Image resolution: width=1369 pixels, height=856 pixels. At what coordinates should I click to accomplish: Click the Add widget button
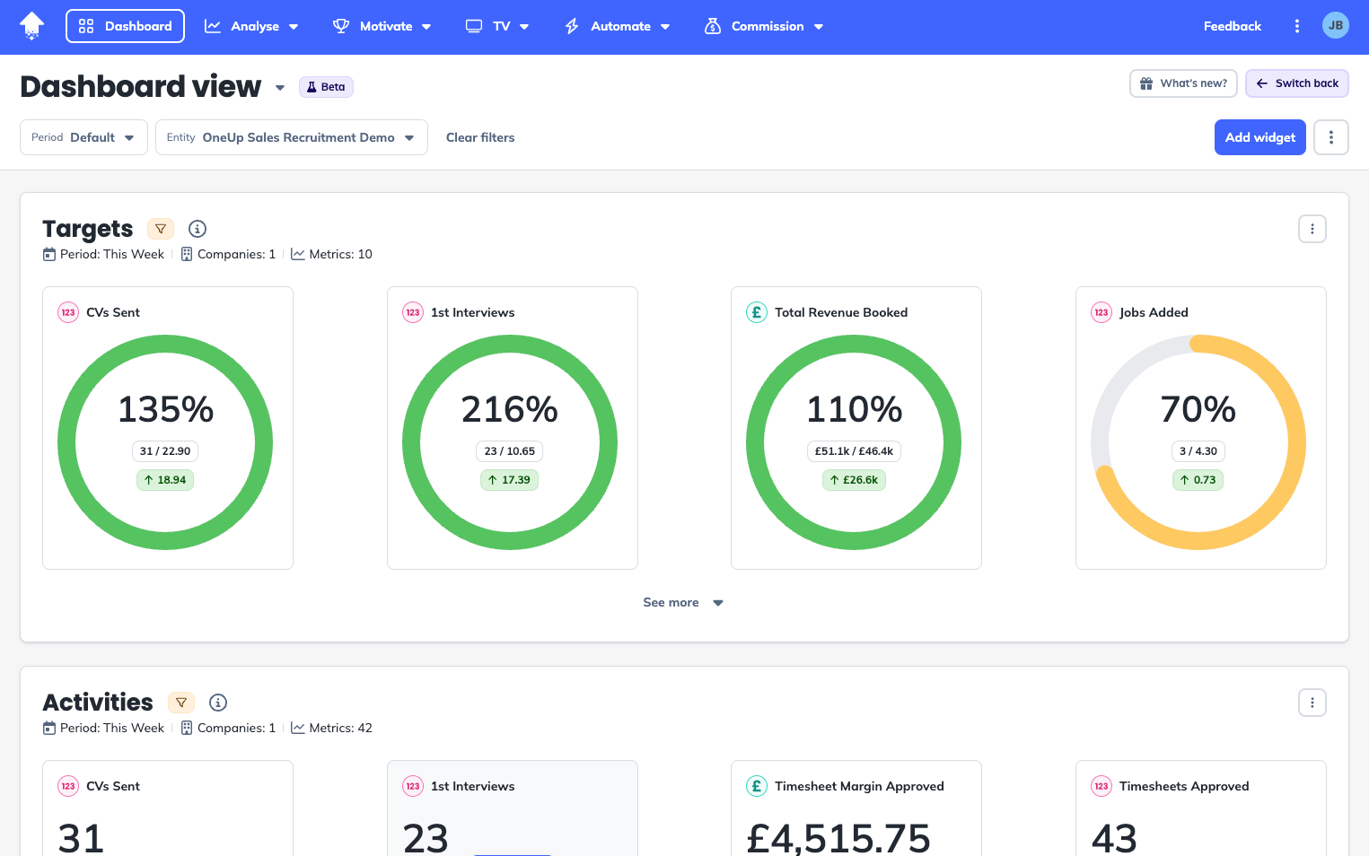(1259, 137)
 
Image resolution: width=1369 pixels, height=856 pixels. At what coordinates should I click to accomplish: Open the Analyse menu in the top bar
(251, 26)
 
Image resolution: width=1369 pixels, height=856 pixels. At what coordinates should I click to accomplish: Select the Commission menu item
(764, 26)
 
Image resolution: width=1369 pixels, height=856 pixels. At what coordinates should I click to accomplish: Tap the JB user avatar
(1335, 26)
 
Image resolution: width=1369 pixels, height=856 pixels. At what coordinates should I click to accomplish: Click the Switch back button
(1296, 83)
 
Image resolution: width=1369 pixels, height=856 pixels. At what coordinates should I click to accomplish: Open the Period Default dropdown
(83, 137)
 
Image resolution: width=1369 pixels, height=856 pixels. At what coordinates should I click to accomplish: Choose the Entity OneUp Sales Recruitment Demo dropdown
(291, 137)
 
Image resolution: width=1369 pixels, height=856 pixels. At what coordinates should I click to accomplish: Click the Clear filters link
(480, 137)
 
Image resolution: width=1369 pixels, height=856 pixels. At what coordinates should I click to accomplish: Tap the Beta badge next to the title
(326, 87)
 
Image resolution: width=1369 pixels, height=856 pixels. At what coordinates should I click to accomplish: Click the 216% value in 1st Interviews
(509, 409)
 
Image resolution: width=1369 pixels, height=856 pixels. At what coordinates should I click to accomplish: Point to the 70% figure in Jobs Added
(1198, 409)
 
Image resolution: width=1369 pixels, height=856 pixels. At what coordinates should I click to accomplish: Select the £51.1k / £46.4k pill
(854, 451)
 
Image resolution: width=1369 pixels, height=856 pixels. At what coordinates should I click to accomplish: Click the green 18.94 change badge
(165, 480)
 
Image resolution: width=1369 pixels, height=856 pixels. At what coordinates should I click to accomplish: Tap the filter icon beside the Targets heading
(161, 229)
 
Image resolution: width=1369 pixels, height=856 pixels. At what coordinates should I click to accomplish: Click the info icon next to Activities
(218, 703)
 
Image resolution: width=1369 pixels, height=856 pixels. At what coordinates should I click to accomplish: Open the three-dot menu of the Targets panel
(1312, 229)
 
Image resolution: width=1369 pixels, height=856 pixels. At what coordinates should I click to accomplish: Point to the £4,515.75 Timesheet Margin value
(838, 838)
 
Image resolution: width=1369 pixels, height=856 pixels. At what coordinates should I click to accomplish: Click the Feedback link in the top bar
(1232, 26)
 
